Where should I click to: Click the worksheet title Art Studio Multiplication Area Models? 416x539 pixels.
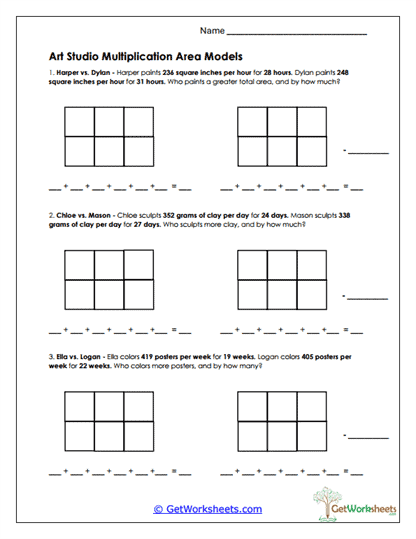coord(144,57)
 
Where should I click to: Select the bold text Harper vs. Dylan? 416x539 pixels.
coord(78,74)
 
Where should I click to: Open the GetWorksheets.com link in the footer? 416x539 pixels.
coord(207,509)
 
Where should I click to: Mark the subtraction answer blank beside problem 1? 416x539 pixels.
coord(367,152)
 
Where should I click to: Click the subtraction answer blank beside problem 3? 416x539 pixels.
coord(367,438)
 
